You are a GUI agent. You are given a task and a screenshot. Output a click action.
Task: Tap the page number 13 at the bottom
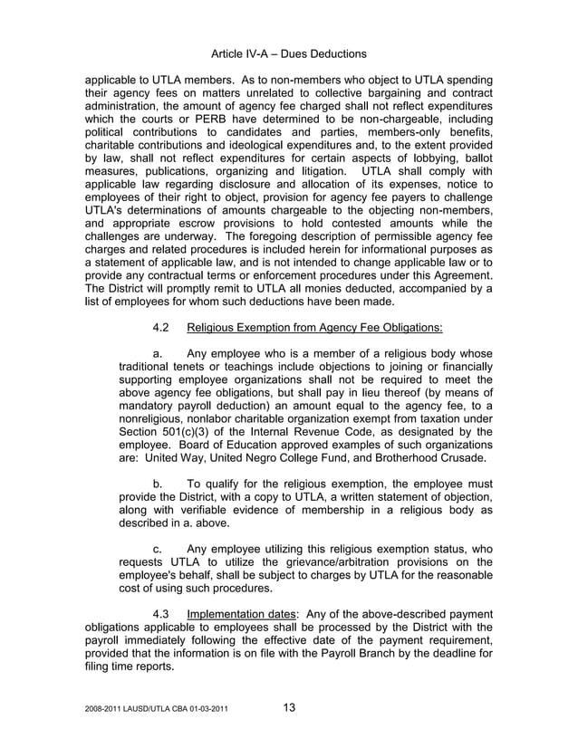[288, 708]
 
